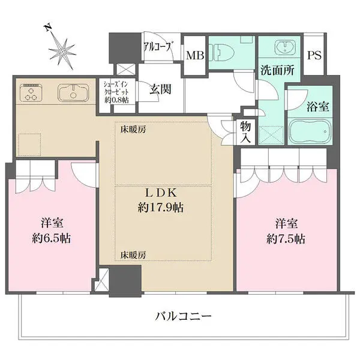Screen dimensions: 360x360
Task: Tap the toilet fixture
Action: click(x=222, y=53)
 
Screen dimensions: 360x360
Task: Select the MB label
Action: click(x=195, y=55)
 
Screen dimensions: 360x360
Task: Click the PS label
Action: click(x=314, y=55)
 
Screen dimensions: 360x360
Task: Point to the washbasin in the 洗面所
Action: click(x=286, y=47)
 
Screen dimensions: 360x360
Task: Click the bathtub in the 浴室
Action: click(x=310, y=131)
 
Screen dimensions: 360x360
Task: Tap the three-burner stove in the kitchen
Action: click(x=31, y=92)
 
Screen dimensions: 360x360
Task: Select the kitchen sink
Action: click(x=73, y=92)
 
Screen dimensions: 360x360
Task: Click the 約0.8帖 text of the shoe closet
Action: click(x=116, y=100)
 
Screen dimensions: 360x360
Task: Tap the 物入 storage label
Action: click(x=245, y=132)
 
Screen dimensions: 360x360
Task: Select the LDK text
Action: click(x=161, y=193)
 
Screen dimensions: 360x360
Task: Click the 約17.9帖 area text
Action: click(x=160, y=208)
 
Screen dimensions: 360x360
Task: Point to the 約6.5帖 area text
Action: click(x=51, y=238)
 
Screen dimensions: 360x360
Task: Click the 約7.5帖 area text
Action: click(x=286, y=239)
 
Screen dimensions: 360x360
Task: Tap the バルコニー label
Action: click(x=183, y=317)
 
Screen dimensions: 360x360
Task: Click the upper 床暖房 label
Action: click(x=133, y=130)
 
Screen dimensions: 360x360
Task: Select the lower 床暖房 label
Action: click(x=133, y=255)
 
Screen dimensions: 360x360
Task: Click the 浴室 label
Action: click(x=318, y=107)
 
